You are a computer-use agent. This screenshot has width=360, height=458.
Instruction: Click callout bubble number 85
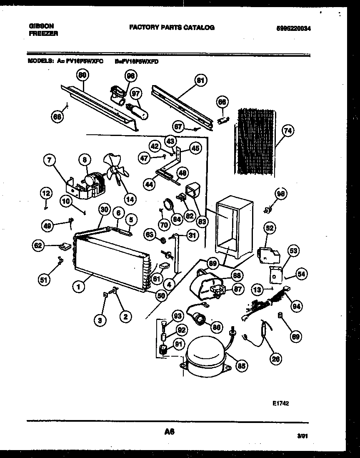point(241,366)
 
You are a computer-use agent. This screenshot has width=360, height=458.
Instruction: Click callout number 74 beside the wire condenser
point(287,131)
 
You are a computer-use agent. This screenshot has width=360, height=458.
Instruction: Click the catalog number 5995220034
point(294,29)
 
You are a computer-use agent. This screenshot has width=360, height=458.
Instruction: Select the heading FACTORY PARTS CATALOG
point(172,28)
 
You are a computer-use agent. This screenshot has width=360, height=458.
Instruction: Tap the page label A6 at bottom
point(169,433)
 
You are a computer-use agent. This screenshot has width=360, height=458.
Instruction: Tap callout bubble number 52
point(270,228)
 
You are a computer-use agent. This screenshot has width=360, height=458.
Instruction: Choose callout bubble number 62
point(39,246)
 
